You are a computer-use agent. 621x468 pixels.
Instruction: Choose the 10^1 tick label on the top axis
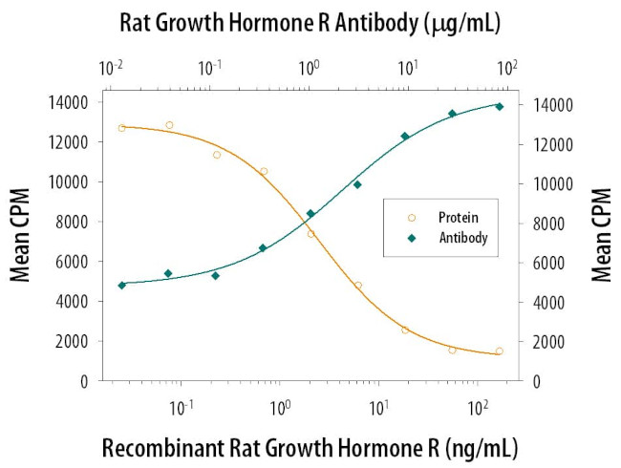tap(407, 69)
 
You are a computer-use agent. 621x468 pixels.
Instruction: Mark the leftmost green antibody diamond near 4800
tap(121, 285)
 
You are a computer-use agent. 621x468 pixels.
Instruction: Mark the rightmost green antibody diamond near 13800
tap(499, 106)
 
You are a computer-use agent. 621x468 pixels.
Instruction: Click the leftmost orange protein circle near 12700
tap(121, 127)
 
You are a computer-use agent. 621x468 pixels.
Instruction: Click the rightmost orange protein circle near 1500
tap(499, 351)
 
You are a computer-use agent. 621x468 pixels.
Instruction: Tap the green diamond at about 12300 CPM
tap(404, 136)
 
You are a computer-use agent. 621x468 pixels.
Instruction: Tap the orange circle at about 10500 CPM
tap(263, 172)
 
